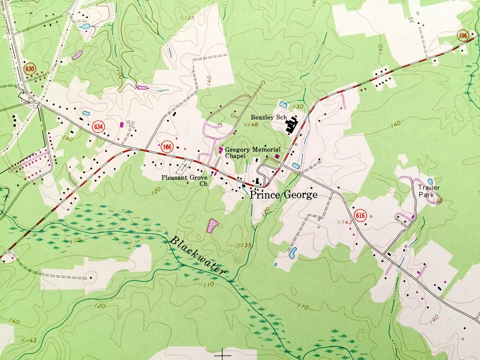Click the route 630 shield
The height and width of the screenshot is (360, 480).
[30, 69]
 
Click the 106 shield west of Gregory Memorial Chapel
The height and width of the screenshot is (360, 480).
[167, 146]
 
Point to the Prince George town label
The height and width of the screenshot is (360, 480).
[283, 195]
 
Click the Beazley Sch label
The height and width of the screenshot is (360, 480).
[268, 117]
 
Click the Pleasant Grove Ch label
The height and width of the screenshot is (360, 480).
[184, 180]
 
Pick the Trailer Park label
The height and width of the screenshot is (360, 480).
[429, 191]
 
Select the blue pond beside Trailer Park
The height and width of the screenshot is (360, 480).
[430, 181]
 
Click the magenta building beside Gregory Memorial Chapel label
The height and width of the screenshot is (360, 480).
[221, 150]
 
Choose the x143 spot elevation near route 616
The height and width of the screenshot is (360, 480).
[344, 222]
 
